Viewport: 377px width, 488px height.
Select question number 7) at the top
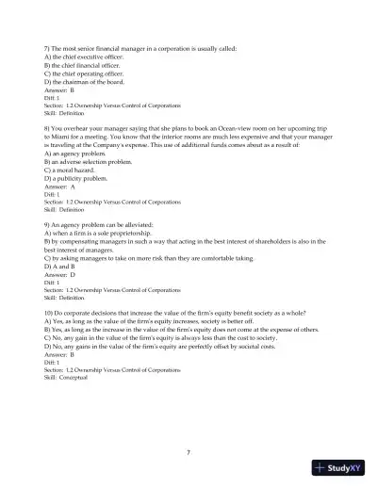click(48, 47)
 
